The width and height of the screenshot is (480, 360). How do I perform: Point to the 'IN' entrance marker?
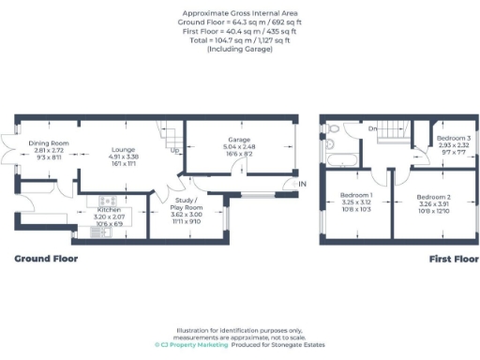tap(302, 184)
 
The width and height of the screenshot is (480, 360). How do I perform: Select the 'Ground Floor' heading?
tap(46, 258)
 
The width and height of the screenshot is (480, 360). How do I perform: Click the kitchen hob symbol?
tap(101, 199)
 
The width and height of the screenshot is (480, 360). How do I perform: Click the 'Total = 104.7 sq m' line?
tap(239, 39)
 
